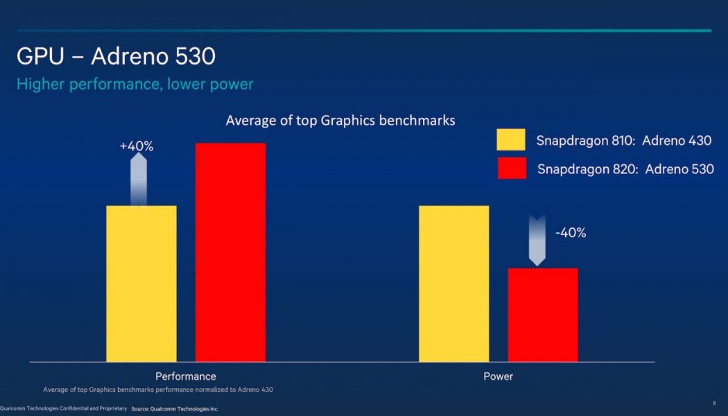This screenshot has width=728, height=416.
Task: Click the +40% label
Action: (136, 146)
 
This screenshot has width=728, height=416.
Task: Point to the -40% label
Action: (571, 233)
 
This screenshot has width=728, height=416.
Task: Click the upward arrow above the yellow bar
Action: (139, 179)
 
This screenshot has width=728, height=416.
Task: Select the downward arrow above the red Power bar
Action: (537, 240)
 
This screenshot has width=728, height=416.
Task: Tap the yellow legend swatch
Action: (511, 140)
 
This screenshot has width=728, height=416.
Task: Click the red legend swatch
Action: (511, 168)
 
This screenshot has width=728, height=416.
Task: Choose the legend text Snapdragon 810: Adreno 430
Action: (624, 141)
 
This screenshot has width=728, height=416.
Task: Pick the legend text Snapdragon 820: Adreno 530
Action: (625, 169)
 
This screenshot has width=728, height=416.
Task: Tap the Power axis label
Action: (498, 376)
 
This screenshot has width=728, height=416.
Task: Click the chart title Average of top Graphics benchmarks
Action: (340, 121)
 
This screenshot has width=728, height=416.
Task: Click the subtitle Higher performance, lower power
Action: (135, 85)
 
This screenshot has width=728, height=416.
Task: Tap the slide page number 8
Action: (714, 403)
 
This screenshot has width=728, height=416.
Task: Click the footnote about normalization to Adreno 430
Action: (158, 390)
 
